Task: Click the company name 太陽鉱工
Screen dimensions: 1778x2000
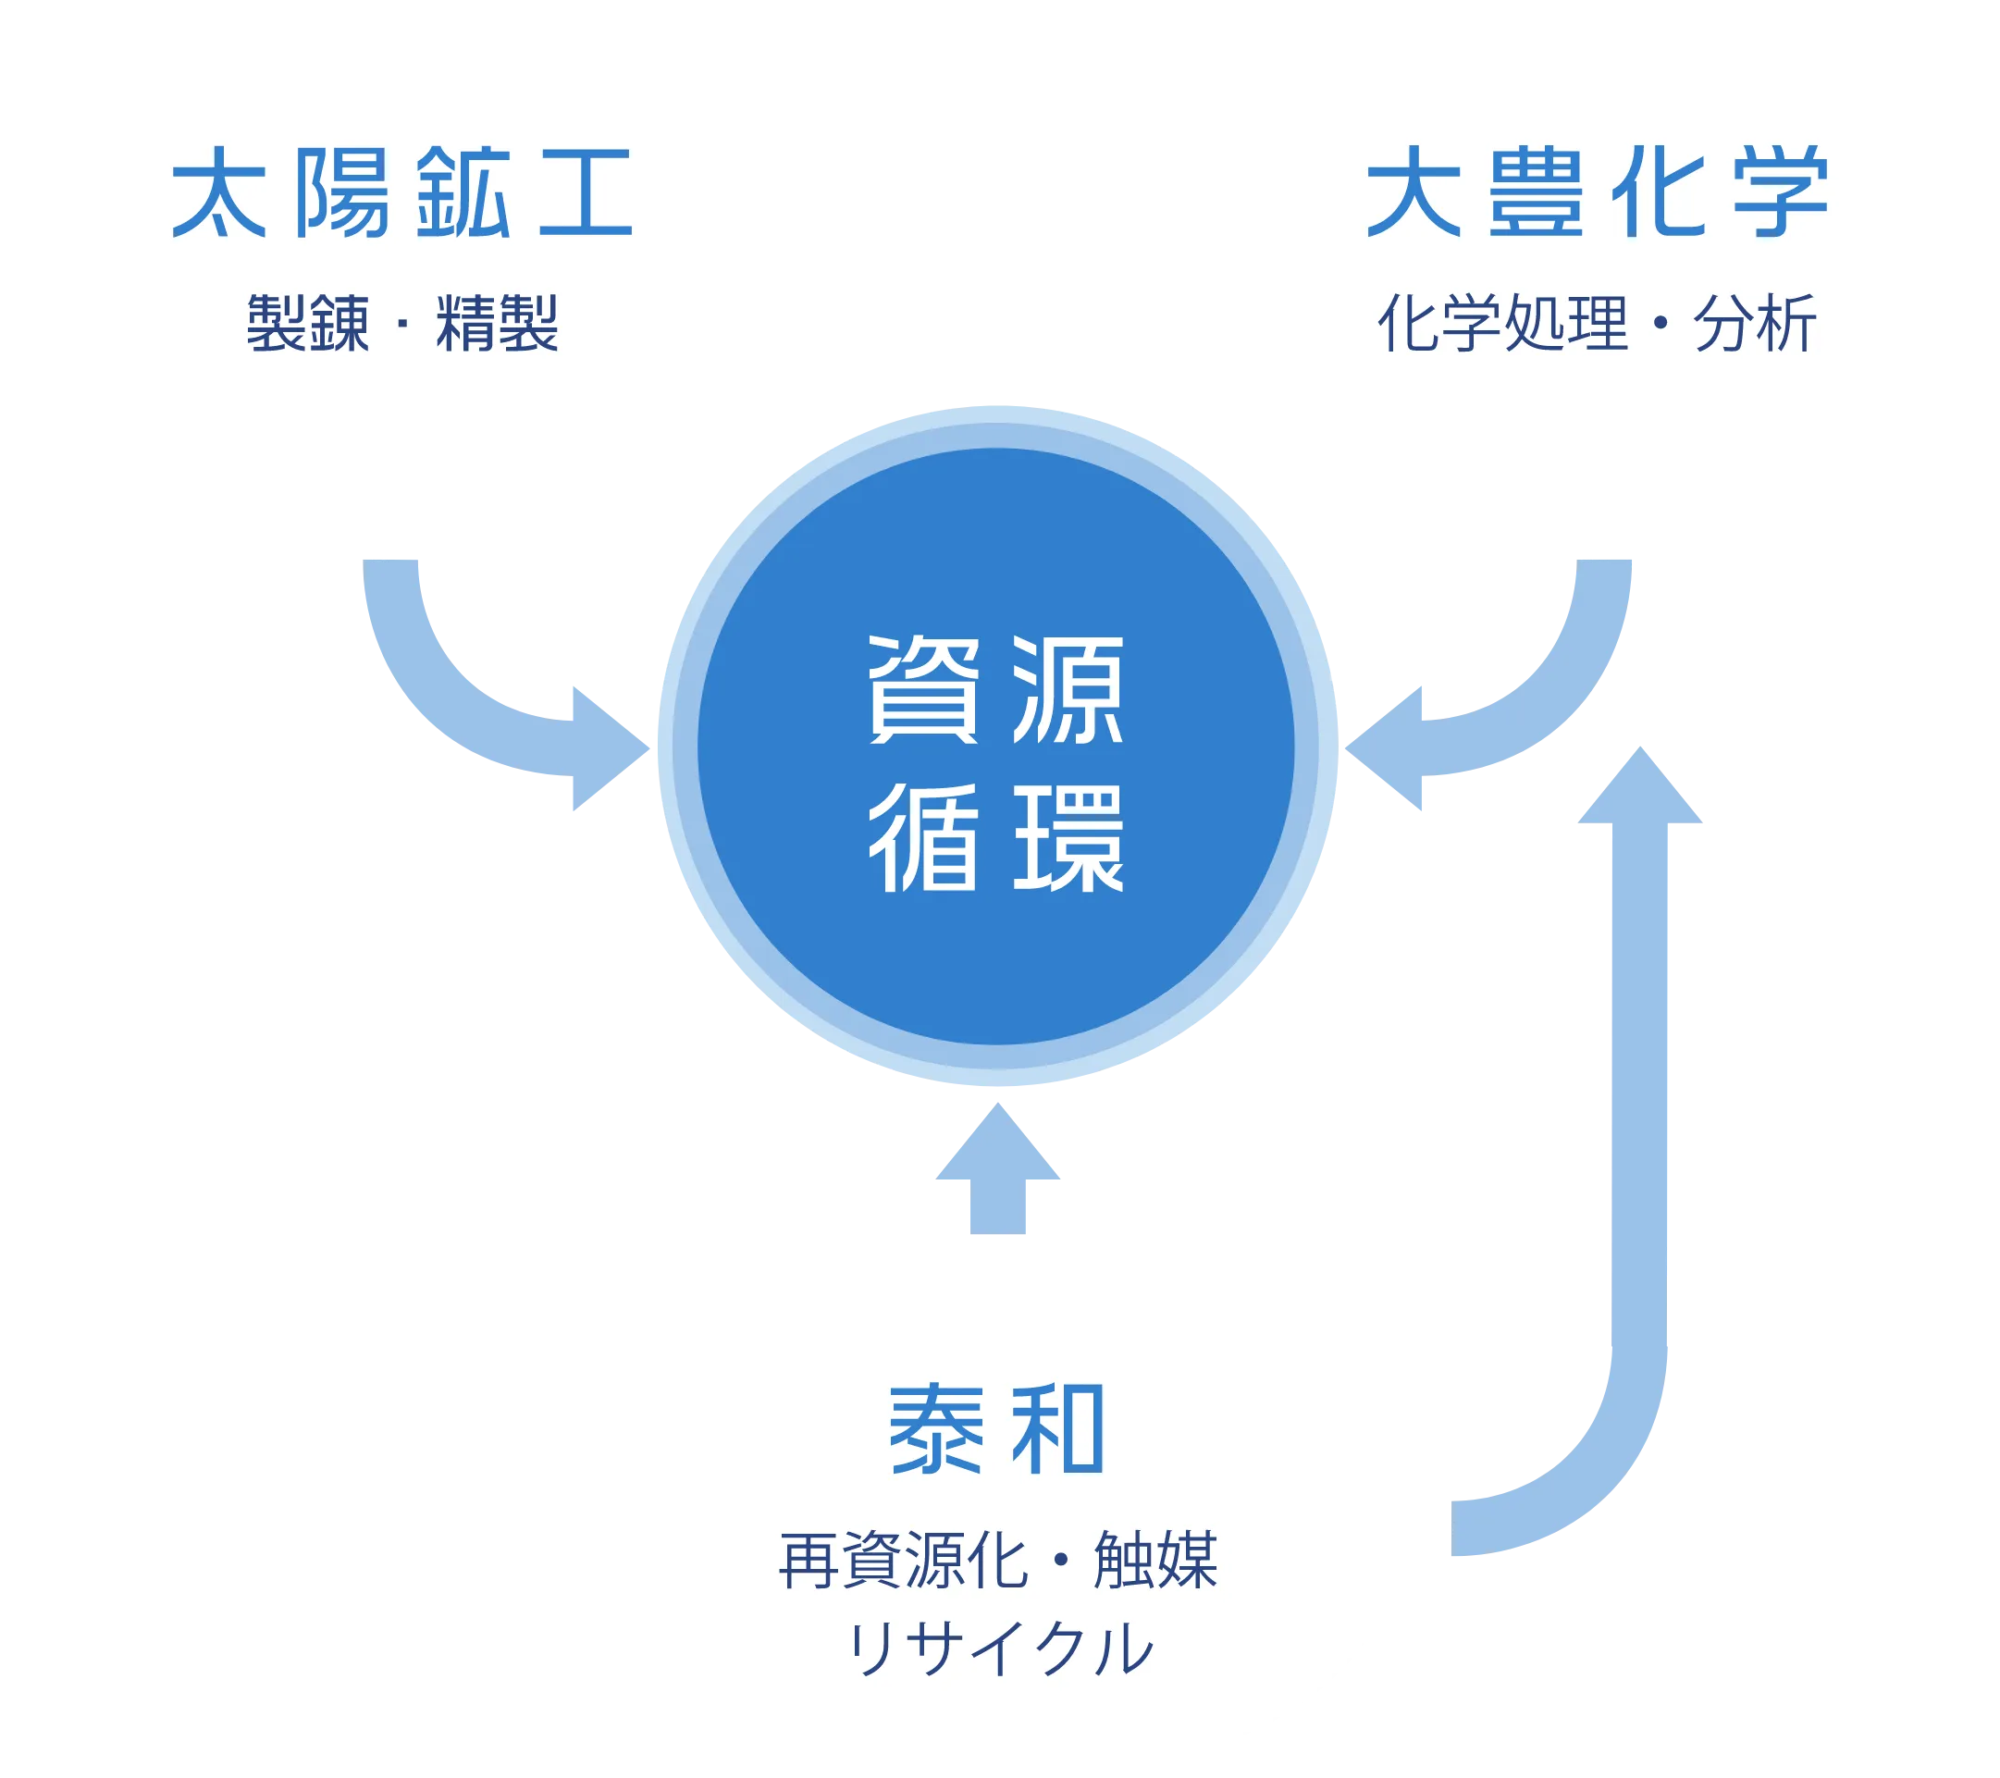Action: (x=402, y=192)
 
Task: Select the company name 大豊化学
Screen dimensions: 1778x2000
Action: (x=1597, y=192)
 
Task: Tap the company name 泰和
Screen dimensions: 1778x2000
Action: (x=996, y=1429)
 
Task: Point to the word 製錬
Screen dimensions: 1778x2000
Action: (x=308, y=323)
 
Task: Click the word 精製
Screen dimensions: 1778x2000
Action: (x=497, y=323)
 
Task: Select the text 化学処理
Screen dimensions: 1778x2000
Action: (x=1502, y=323)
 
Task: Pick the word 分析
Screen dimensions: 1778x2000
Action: (x=1755, y=323)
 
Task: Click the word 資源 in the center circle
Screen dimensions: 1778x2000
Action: (x=996, y=689)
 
